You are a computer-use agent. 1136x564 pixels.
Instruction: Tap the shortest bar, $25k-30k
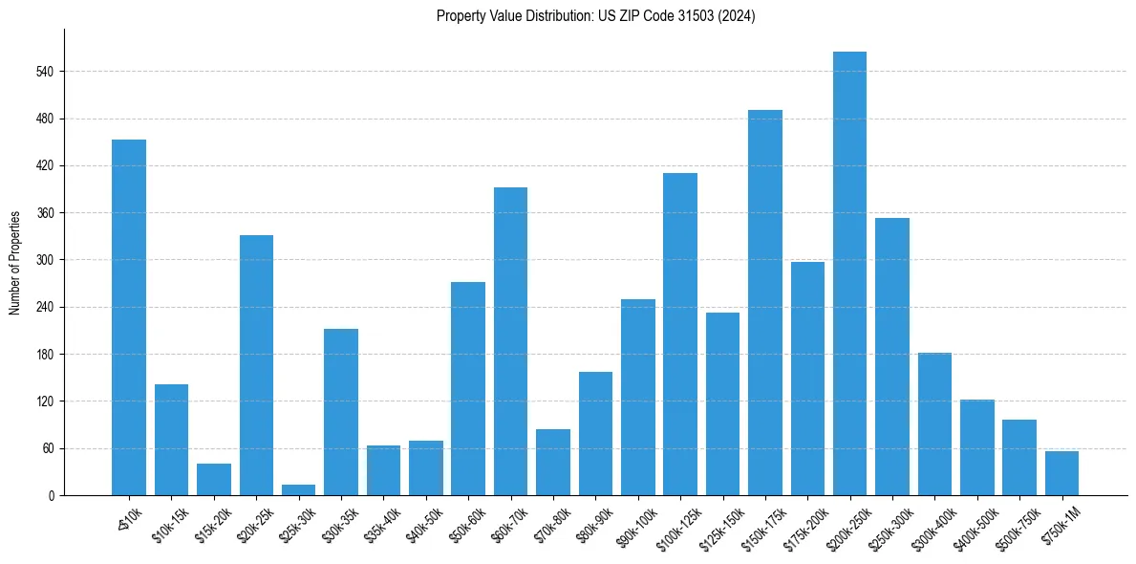pyautogui.click(x=298, y=489)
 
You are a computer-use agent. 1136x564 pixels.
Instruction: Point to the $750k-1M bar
pyautogui.click(x=1061, y=473)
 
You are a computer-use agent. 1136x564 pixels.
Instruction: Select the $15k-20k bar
pyautogui.click(x=214, y=479)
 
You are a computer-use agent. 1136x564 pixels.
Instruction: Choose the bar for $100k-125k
pyautogui.click(x=680, y=334)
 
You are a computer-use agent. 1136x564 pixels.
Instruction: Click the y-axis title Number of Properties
pyautogui.click(x=14, y=262)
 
